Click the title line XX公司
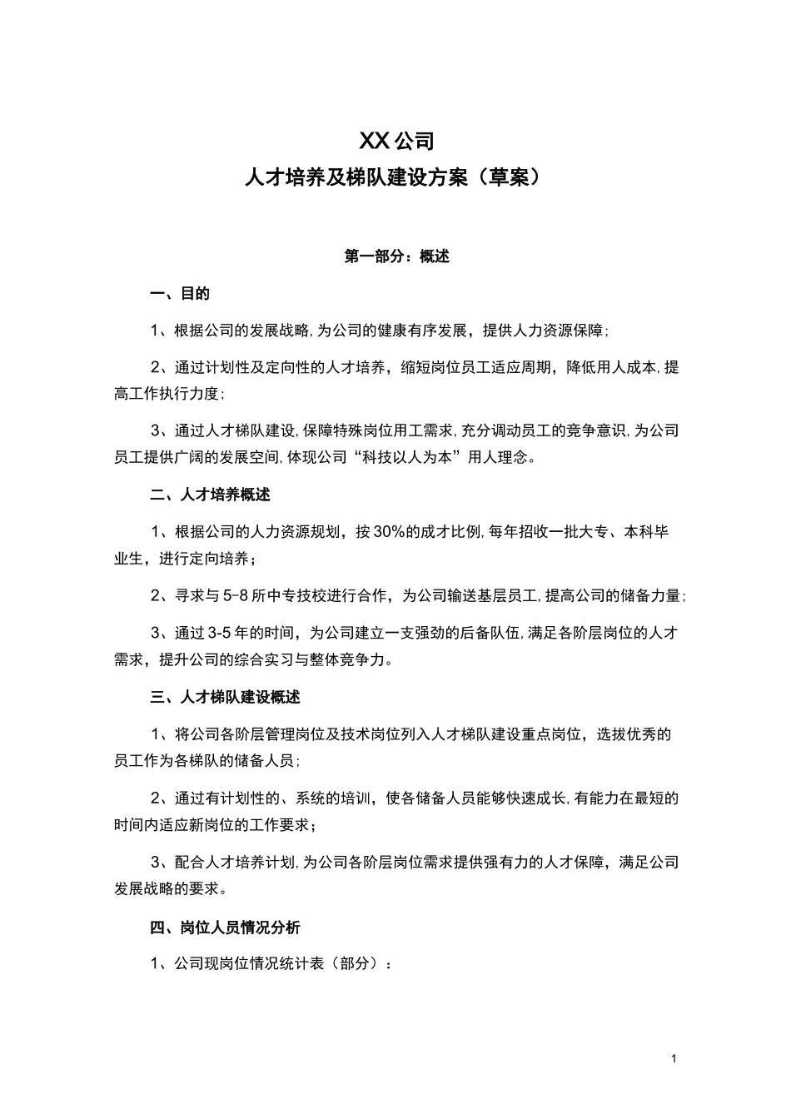point(396,140)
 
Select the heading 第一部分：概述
point(396,256)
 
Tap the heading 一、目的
point(180,293)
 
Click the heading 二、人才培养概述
point(211,495)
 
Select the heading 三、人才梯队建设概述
point(226,697)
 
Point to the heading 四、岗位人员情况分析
point(226,927)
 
